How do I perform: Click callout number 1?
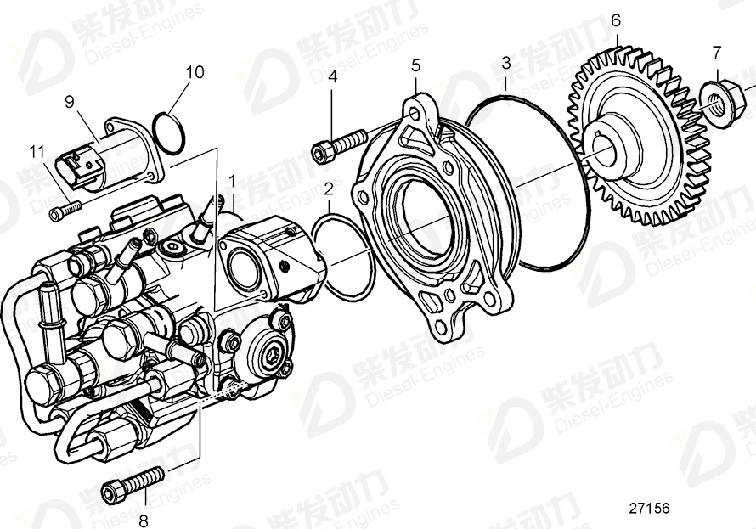pyautogui.click(x=232, y=181)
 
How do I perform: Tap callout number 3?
pyautogui.click(x=505, y=63)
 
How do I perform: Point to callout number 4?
pyautogui.click(x=333, y=77)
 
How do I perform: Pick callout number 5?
pyautogui.click(x=415, y=65)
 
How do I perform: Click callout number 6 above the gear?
pyautogui.click(x=616, y=20)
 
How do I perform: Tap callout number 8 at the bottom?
pyautogui.click(x=143, y=520)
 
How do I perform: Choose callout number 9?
pyautogui.click(x=71, y=102)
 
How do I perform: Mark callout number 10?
pyautogui.click(x=195, y=72)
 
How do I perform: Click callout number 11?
pyautogui.click(x=35, y=152)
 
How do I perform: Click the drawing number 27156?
pyautogui.click(x=649, y=509)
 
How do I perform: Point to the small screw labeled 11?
pyautogui.click(x=65, y=206)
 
